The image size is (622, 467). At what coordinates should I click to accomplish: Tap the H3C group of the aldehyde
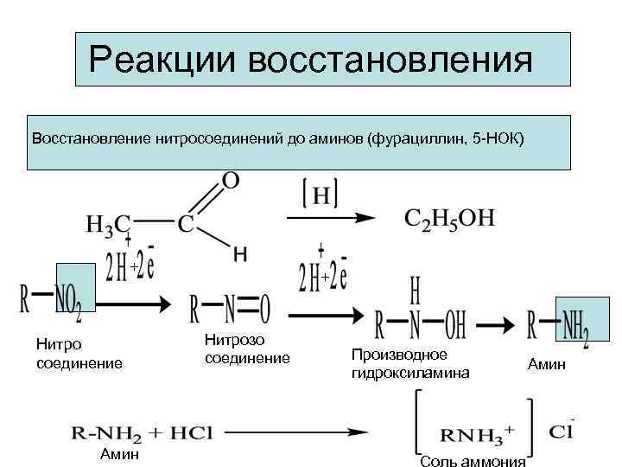coord(108,223)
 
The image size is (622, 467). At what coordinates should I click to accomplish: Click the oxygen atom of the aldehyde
coord(231,181)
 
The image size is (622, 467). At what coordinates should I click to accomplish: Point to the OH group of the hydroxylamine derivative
coord(456,326)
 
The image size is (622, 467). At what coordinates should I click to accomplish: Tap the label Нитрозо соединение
coord(247,349)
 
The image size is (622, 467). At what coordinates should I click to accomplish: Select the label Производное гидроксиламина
coord(409,364)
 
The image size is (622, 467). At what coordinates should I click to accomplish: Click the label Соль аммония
coord(472,461)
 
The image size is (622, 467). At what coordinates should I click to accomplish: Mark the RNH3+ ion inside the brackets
coord(473,432)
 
